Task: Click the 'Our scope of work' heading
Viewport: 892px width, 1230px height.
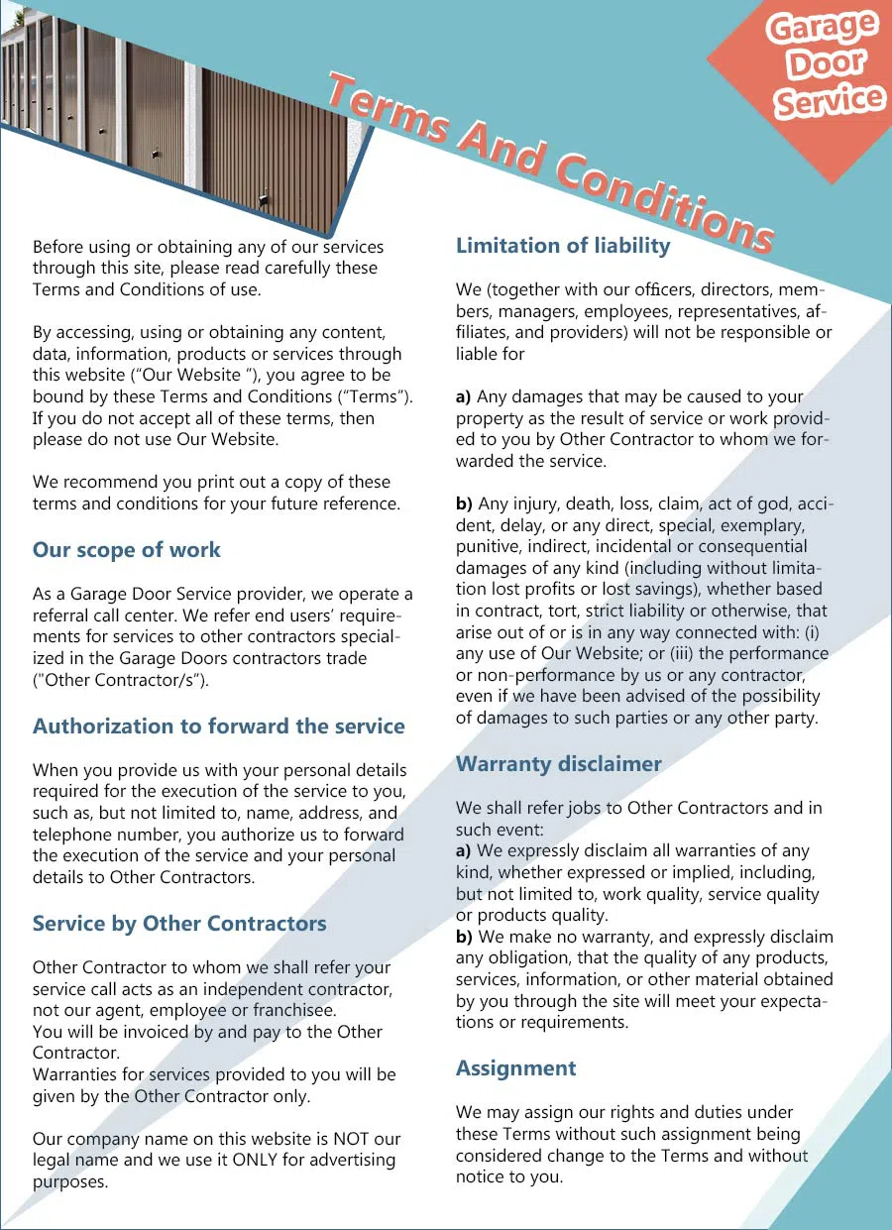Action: tap(127, 550)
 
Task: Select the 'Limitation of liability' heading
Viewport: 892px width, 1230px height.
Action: tap(563, 246)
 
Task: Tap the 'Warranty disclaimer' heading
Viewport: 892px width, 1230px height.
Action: tap(558, 764)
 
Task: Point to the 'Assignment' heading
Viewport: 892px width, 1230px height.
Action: tap(515, 1068)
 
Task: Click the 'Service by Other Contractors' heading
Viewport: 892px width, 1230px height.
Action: tap(179, 924)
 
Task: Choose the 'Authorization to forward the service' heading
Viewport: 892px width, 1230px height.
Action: tap(219, 727)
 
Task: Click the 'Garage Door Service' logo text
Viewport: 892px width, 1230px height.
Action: tap(826, 64)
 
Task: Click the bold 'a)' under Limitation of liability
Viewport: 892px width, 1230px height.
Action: tap(464, 396)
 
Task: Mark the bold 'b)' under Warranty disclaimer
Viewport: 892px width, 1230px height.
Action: tap(464, 937)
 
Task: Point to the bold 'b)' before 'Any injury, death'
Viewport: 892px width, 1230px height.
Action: tap(464, 503)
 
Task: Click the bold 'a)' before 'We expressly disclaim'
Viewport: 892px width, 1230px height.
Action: tap(464, 850)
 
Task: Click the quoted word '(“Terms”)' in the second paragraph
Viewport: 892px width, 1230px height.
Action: tap(377, 396)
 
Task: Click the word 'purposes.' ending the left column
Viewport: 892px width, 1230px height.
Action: tap(70, 1181)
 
